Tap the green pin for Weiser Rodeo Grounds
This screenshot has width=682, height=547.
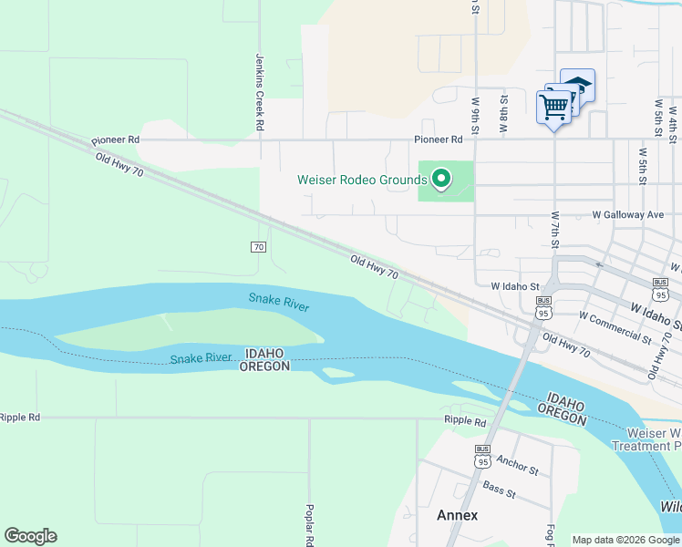coord(441,179)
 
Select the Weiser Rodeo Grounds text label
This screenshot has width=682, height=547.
coord(362,180)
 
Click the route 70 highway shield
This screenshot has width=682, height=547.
coord(258,247)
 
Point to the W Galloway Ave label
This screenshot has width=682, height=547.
coord(627,214)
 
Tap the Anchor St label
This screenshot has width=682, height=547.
coord(518,466)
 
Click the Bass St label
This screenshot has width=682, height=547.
coord(500,490)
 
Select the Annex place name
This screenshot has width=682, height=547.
coord(457,515)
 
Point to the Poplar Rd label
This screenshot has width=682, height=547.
coord(310,524)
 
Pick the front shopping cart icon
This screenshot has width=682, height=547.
coord(553,108)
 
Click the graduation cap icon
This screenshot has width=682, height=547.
coord(577,85)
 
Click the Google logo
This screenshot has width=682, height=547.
coord(30,536)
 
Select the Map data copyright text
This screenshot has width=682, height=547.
coord(625,540)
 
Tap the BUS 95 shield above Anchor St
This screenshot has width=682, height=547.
coord(482,456)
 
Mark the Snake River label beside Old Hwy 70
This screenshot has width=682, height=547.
coord(279,303)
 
